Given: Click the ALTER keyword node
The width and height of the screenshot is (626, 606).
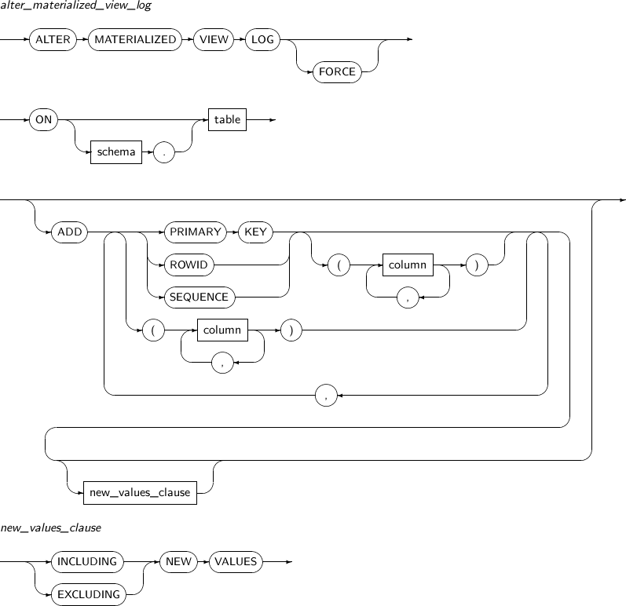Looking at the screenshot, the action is pyautogui.click(x=53, y=39).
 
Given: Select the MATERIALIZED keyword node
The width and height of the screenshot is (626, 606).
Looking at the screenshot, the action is pyautogui.click(x=135, y=39).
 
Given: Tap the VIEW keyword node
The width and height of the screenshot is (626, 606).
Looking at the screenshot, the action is pyautogui.click(x=214, y=39).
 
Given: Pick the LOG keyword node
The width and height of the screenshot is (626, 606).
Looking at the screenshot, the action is pyautogui.click(x=262, y=39).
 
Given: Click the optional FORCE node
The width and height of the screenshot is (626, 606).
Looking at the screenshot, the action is pyautogui.click(x=337, y=71).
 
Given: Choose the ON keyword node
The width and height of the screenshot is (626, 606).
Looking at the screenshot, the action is pyautogui.click(x=43, y=119).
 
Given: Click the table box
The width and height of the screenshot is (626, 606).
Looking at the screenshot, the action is pyautogui.click(x=227, y=119).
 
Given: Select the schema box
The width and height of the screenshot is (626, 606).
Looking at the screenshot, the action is pyautogui.click(x=116, y=152).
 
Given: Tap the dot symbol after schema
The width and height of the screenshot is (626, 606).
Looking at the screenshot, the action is pyautogui.click(x=163, y=152).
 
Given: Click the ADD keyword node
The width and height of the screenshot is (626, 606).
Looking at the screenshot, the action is pyautogui.click(x=69, y=232).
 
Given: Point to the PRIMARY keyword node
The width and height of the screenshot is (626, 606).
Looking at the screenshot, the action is pyautogui.click(x=196, y=232).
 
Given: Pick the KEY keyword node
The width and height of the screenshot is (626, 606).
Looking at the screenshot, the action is pyautogui.click(x=255, y=232).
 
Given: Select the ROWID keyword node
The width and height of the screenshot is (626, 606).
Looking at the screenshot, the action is pyautogui.click(x=189, y=265).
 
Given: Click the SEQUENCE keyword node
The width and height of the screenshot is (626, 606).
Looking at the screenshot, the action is pyautogui.click(x=200, y=298).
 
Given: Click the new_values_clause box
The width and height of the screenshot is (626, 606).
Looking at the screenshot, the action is pyautogui.click(x=140, y=493).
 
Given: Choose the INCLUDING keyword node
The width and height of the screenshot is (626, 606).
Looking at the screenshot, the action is pyautogui.click(x=87, y=562).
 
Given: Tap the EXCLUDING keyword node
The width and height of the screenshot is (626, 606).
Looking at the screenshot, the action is pyautogui.click(x=89, y=594).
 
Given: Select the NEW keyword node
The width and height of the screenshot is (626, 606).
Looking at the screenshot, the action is pyautogui.click(x=178, y=562).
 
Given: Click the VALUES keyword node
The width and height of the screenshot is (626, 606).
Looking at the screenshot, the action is pyautogui.click(x=236, y=562).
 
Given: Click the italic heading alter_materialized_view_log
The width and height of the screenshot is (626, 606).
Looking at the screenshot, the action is pyautogui.click(x=76, y=5).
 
